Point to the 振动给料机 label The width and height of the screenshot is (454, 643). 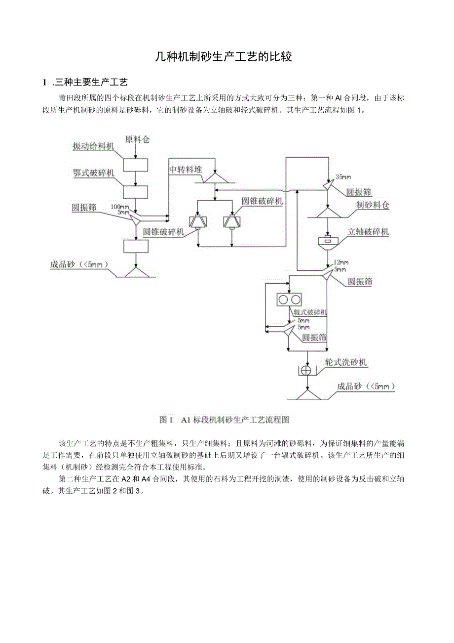pos(93,146)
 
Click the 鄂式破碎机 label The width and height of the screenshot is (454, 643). pos(93,172)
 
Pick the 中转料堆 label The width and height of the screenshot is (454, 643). pos(186,169)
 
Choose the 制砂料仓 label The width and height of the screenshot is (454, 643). pos(372,206)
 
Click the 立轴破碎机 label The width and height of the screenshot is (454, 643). pos(368,231)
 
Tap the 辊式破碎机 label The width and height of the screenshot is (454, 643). pos(310,312)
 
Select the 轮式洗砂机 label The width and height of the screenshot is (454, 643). pos(345,362)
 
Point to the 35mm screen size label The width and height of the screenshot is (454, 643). pos(342,177)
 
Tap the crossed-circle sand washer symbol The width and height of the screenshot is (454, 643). pos(306,370)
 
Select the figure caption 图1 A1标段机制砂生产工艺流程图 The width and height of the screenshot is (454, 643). pos(224,420)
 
